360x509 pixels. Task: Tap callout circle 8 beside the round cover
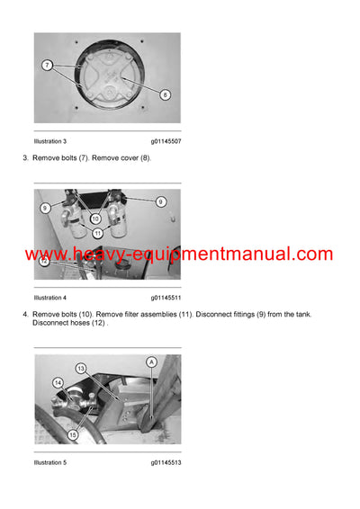coord(165,94)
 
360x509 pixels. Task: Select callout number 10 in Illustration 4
coord(96,219)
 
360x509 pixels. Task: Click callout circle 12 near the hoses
coord(44,261)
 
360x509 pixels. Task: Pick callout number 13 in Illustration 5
coord(80,369)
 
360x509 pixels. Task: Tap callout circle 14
coord(58,383)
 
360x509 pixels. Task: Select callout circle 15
coord(73,435)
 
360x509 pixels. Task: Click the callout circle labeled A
coord(151,361)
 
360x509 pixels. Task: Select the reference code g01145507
coord(166,141)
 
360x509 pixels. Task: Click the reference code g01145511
coord(166,297)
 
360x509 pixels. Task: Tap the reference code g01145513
coord(166,463)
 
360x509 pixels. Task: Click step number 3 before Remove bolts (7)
coord(24,157)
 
